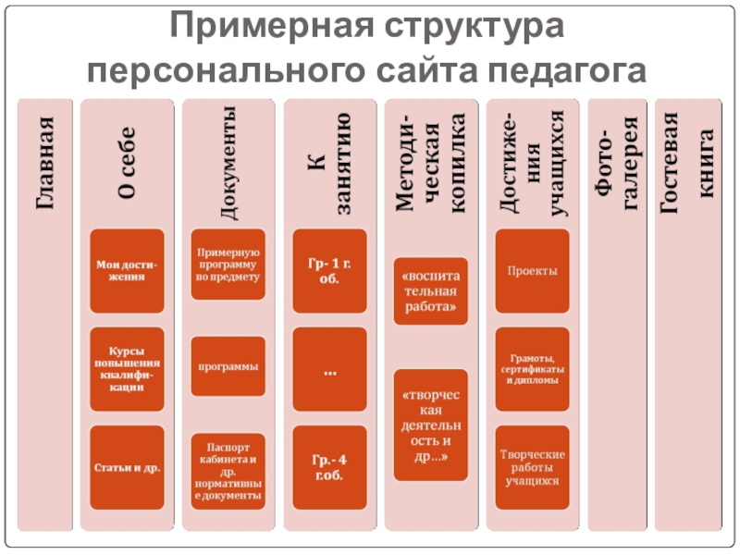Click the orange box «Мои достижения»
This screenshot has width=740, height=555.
pos(127,271)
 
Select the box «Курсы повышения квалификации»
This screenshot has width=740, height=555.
pos(127,369)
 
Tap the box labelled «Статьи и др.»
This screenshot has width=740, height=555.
pos(127,467)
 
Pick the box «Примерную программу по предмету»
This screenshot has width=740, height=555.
pos(228,264)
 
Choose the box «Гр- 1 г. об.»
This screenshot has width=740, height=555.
pos(328,271)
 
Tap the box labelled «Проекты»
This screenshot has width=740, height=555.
pos(531,271)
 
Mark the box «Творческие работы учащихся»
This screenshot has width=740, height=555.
pos(531,467)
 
